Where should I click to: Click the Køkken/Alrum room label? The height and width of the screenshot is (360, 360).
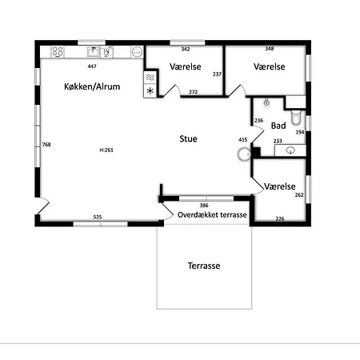(x=92, y=86)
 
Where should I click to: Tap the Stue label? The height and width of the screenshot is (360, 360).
(x=188, y=138)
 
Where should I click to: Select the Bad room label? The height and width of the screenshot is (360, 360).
(x=278, y=126)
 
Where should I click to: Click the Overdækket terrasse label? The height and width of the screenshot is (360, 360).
(x=212, y=215)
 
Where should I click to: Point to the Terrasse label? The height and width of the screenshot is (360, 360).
(x=204, y=266)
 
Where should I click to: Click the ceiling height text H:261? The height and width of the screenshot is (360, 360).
(x=106, y=150)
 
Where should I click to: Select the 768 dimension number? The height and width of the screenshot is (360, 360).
(x=46, y=145)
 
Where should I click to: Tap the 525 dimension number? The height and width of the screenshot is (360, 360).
(x=98, y=217)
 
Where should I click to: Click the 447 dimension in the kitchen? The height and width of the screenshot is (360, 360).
(x=92, y=66)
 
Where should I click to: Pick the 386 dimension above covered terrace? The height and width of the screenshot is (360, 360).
(x=204, y=205)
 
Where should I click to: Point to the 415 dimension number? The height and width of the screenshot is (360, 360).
(x=243, y=140)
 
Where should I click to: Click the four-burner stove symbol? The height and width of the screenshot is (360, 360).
(x=58, y=52)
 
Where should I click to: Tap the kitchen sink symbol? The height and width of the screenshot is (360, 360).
(x=94, y=51)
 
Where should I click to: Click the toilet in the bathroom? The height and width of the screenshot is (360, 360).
(x=296, y=118)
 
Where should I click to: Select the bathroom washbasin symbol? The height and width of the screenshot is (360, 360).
(x=290, y=150)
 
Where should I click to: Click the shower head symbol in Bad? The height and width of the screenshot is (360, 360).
(x=266, y=103)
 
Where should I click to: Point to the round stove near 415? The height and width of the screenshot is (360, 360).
(x=244, y=154)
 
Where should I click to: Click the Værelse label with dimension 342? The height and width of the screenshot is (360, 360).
(x=186, y=66)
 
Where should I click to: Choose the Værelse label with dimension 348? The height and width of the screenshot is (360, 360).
(x=270, y=66)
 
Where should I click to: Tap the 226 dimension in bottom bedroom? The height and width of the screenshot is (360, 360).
(x=280, y=218)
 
